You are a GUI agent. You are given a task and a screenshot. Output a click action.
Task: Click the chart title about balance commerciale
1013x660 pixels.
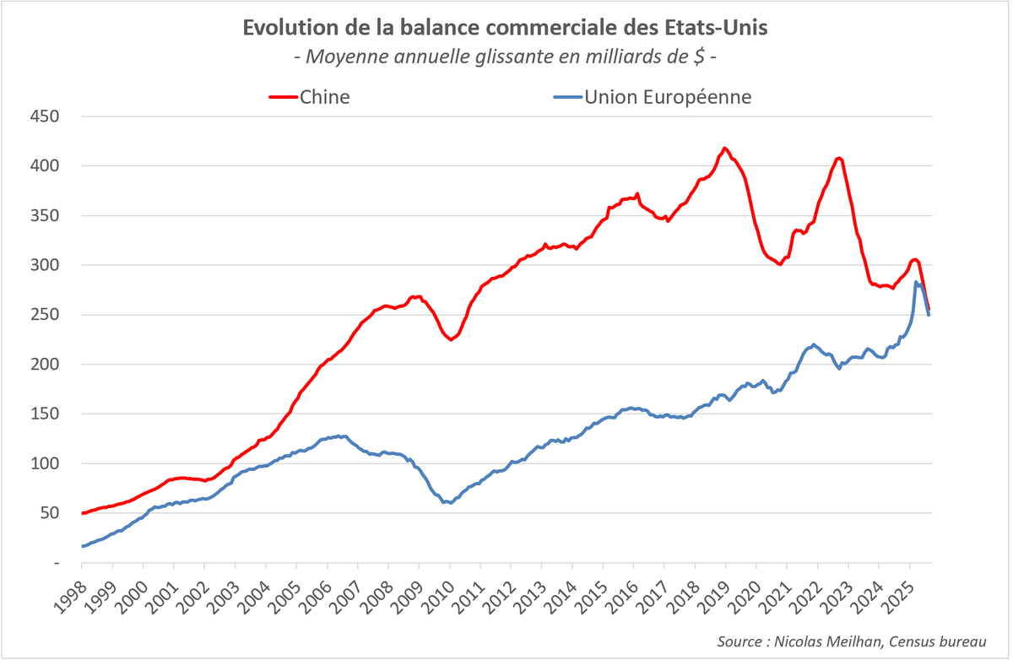tap(506, 27)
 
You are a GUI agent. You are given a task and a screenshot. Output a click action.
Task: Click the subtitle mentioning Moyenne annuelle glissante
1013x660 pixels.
tap(506, 57)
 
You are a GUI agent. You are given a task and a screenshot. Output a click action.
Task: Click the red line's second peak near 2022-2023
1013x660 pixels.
tap(838, 158)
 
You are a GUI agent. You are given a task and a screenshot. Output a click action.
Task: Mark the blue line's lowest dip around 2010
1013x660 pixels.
tap(451, 502)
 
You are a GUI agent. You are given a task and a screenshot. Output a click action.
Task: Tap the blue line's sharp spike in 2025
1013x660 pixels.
tap(917, 282)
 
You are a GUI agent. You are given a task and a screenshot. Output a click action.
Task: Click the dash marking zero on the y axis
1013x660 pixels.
tap(55, 563)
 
